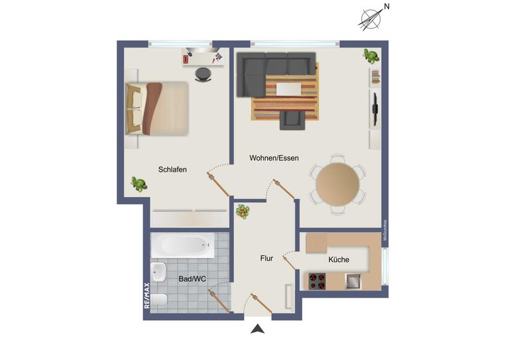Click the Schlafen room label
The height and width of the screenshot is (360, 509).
(172, 170)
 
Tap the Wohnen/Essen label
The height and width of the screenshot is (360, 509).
(274, 158)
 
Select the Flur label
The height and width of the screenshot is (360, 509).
(266, 259)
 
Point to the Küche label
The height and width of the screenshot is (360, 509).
(339, 259)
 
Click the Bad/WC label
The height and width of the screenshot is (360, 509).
(192, 280)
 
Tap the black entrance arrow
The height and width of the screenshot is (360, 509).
(258, 328)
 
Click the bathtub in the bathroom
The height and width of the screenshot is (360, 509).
(182, 246)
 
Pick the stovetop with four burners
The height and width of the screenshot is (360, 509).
(316, 282)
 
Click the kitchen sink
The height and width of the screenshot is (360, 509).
(352, 282)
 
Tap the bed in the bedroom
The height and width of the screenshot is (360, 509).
(158, 108)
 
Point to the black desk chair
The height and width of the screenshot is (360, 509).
(203, 74)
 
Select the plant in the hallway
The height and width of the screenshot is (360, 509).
(244, 211)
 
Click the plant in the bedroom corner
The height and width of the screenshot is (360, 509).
(139, 184)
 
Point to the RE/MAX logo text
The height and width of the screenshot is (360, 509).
(147, 296)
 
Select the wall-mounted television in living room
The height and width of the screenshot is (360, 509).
(375, 109)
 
